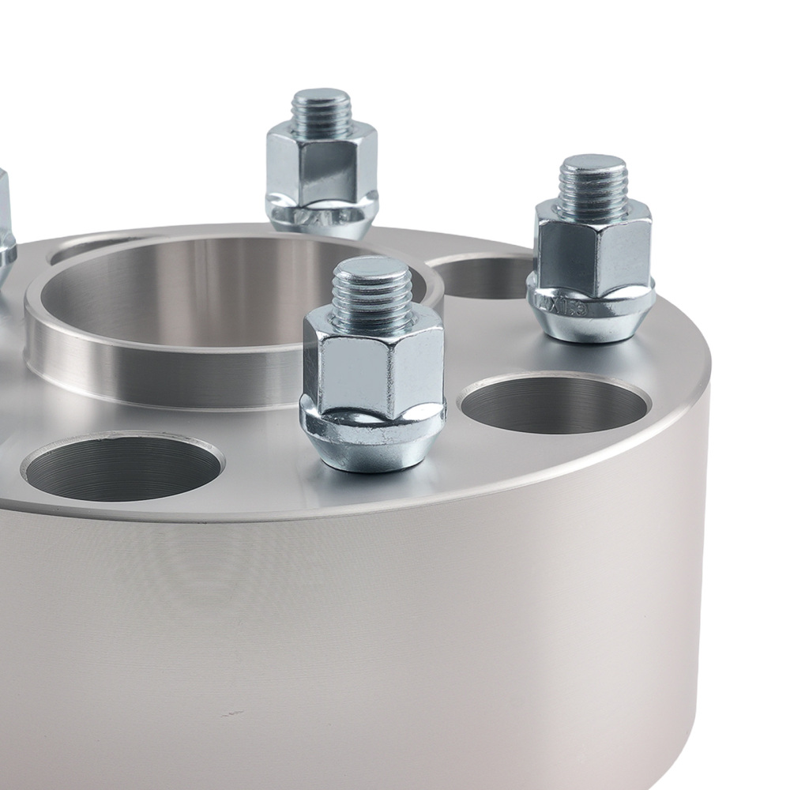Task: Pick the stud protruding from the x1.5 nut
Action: click(592, 186)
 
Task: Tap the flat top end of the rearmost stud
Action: click(320, 97)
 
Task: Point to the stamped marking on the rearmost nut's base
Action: click(316, 216)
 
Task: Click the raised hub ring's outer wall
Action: click(158, 371)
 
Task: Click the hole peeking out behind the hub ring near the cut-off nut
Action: click(79, 250)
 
